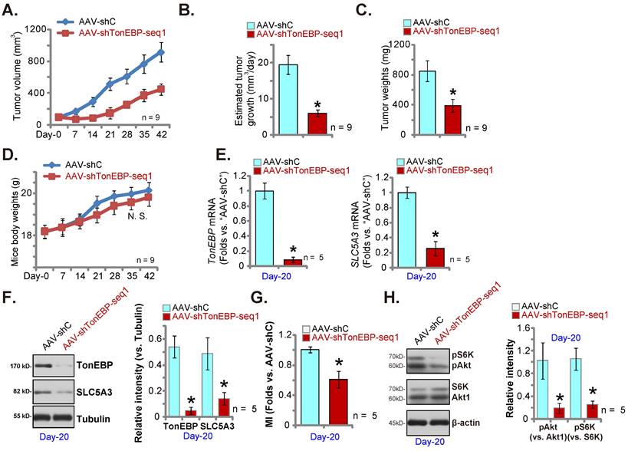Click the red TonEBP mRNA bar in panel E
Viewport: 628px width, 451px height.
(x=292, y=262)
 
